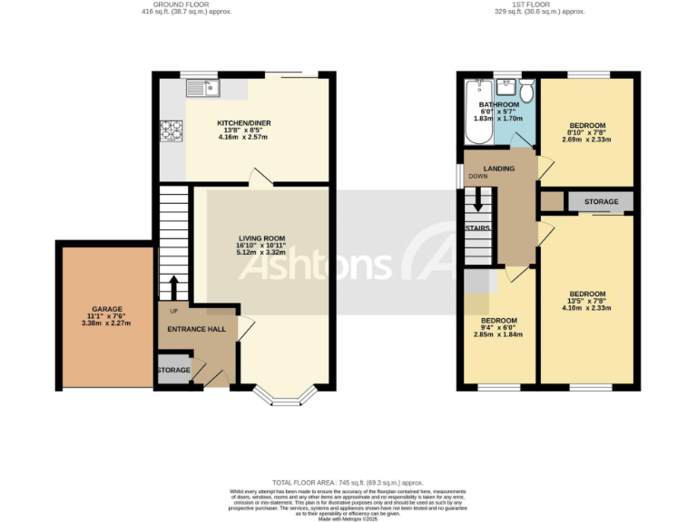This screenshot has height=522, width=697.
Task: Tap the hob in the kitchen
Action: pos(172,131)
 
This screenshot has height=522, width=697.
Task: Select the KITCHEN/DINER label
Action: pos(243,123)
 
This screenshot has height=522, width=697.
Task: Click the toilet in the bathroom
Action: pos(525,91)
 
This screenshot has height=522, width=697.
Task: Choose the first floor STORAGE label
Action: pos(602,201)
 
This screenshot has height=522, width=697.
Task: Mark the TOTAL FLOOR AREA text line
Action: pos(348,483)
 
